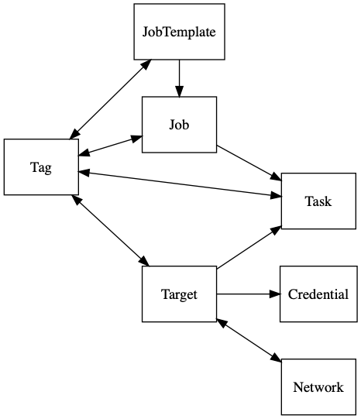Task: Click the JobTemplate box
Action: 179,33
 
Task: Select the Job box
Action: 179,124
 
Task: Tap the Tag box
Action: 41,167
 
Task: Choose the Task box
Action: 318,201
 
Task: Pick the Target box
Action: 179,294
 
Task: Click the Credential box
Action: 318,294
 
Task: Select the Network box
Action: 318,386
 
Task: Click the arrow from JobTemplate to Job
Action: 179,78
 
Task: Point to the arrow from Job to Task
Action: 248,161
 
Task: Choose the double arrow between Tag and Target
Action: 110,229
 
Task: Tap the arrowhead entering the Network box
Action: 275,357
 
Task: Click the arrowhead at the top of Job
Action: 179,93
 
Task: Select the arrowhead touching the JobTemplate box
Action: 145,64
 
